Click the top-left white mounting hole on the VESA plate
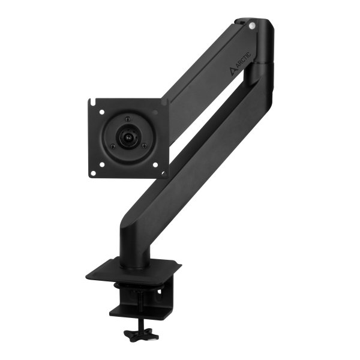[103, 112]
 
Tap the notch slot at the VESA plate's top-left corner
[92, 100]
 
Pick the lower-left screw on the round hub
[112, 146]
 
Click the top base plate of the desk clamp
[133, 271]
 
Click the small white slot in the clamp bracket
[159, 290]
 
